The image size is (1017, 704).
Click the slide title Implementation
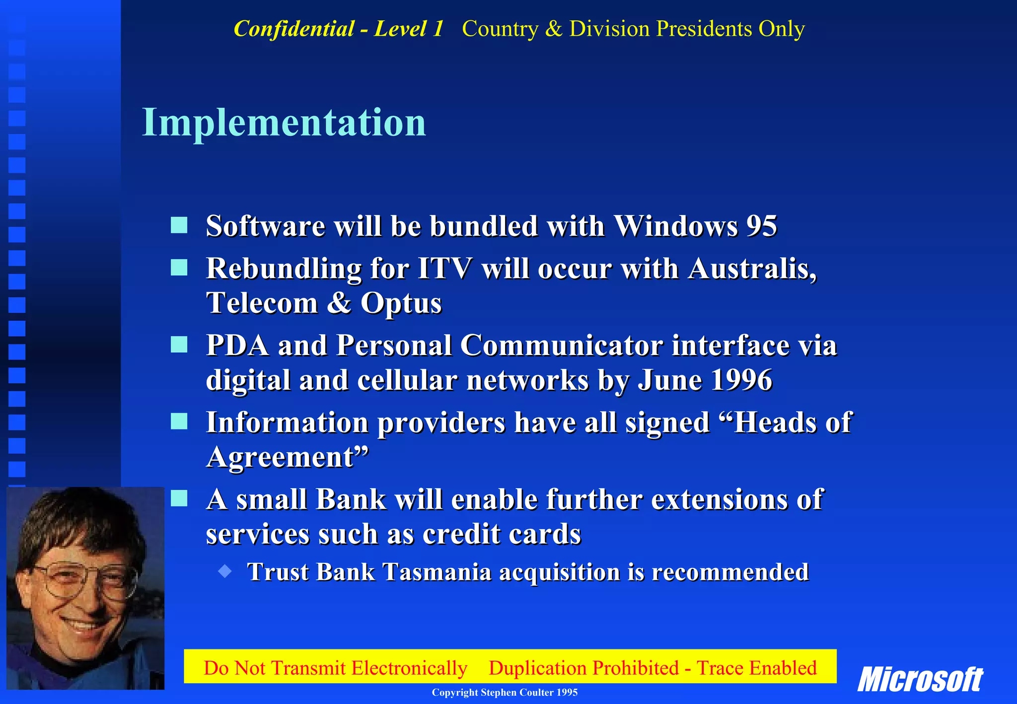[284, 123]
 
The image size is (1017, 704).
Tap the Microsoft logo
[920, 679]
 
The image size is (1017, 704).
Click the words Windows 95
[695, 226]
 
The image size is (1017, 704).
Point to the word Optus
[401, 303]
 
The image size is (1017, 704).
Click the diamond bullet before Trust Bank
[225, 571]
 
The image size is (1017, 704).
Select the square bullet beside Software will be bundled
[179, 225]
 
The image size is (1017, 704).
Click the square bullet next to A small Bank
[179, 498]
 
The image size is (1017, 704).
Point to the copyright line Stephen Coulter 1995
[505, 693]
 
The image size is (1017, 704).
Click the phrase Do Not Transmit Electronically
[335, 668]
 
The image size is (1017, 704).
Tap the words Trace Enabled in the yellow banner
[756, 668]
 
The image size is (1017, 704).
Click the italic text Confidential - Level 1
[339, 29]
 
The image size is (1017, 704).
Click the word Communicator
[561, 346]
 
